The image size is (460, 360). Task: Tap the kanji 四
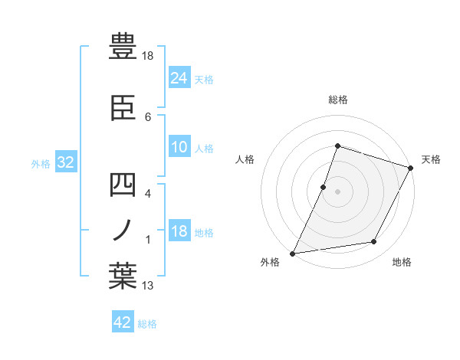point(123,185)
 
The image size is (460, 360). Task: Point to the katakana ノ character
point(123,230)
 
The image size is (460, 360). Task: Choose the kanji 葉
point(123,277)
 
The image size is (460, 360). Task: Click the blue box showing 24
point(179,77)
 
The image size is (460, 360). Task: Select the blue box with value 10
point(179,147)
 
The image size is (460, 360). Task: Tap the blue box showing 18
point(179,232)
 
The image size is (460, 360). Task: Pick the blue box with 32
point(64,162)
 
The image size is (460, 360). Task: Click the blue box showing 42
point(123,322)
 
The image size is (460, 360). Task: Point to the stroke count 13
point(149,286)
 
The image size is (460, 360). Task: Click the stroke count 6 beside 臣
point(148,116)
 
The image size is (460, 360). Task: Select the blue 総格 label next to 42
point(147,324)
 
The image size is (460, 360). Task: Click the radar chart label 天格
point(431,160)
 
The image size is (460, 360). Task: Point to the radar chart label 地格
point(402,263)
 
